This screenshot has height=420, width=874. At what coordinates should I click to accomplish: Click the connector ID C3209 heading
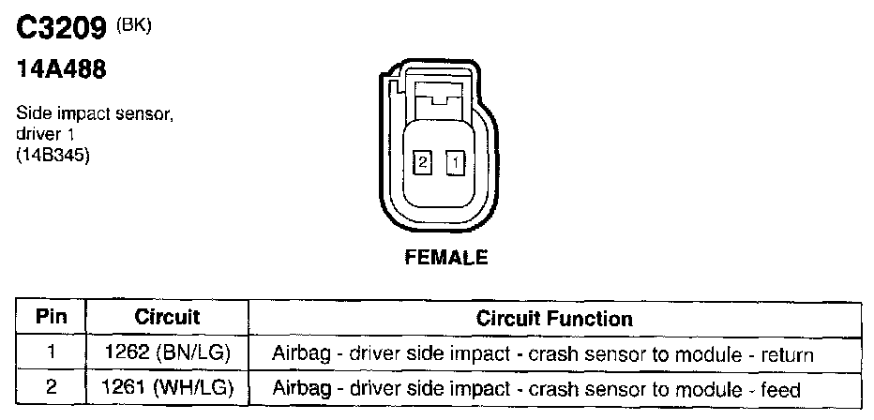(x=60, y=29)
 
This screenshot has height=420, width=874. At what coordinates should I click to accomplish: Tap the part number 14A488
(x=59, y=70)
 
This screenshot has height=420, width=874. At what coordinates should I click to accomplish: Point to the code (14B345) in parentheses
(x=53, y=157)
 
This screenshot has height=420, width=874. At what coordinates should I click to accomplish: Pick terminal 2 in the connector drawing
(x=423, y=163)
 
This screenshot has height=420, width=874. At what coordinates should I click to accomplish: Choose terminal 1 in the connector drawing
(x=455, y=163)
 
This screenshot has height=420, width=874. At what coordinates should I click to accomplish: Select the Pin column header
(x=52, y=318)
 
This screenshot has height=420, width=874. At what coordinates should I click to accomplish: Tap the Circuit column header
(x=167, y=318)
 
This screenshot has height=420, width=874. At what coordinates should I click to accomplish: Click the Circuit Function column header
(x=554, y=318)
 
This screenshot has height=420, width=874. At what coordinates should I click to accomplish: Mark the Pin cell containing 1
(x=52, y=353)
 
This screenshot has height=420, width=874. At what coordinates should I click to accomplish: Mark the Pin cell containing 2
(x=52, y=387)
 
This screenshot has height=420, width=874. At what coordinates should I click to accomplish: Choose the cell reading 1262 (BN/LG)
(x=167, y=353)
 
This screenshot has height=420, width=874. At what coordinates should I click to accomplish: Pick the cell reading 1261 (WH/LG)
(x=167, y=387)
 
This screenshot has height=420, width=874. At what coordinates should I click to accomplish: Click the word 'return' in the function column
(x=788, y=354)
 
